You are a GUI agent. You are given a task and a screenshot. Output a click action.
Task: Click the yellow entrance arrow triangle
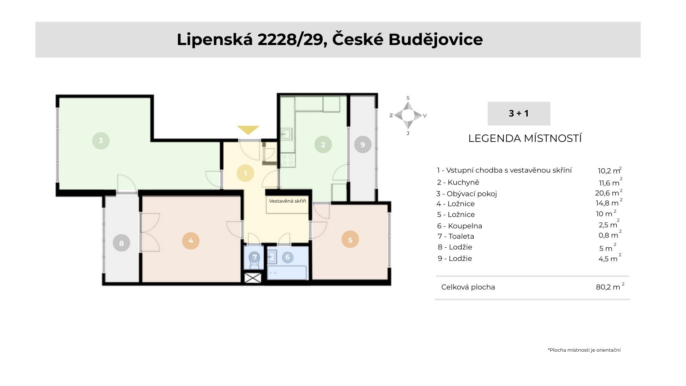[x=248, y=130]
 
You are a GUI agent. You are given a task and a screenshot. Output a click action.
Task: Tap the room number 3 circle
[x=101, y=140]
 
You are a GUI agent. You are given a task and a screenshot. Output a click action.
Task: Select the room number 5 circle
[x=350, y=240]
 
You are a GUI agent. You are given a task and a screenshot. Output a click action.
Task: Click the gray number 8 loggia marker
[x=121, y=243]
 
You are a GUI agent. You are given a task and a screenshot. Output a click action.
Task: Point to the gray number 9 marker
[x=363, y=144]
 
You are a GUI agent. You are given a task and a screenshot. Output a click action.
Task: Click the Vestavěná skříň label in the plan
[x=288, y=201]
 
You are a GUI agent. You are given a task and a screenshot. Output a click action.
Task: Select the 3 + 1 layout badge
[x=519, y=113]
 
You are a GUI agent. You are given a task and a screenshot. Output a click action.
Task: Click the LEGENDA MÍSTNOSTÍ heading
[x=525, y=138]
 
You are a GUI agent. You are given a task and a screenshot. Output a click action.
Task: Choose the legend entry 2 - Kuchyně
[x=458, y=182]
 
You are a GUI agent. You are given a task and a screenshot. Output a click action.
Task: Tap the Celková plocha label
[x=468, y=287]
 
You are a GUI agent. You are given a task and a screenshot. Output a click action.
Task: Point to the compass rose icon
[x=408, y=115]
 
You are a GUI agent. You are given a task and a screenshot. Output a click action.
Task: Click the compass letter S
[x=408, y=98]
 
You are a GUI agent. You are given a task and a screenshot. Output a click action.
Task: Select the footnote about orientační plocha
[x=584, y=350]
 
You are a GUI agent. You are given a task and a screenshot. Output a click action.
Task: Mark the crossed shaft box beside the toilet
[x=253, y=278]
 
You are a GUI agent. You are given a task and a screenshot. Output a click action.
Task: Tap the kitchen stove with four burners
[x=288, y=160]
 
